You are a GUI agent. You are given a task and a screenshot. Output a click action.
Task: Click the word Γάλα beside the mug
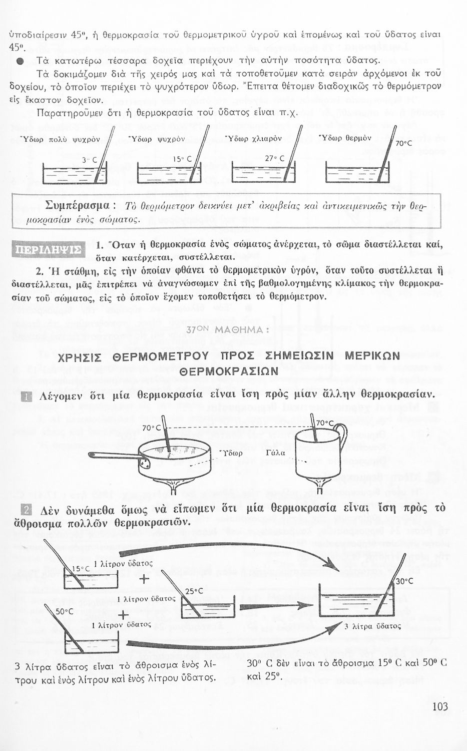pos(276,453)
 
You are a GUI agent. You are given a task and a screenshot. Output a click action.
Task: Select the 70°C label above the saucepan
pos(152,428)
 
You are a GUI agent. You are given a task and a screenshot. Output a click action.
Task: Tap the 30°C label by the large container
pos(404,581)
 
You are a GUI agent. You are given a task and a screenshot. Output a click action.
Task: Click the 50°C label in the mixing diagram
pos(65,611)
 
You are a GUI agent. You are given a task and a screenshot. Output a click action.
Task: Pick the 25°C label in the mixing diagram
pos(194,591)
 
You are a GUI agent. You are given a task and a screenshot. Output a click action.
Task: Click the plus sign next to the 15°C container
pos(144,580)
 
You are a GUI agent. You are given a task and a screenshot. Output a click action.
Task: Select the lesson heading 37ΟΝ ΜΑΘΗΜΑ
pos(228,330)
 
